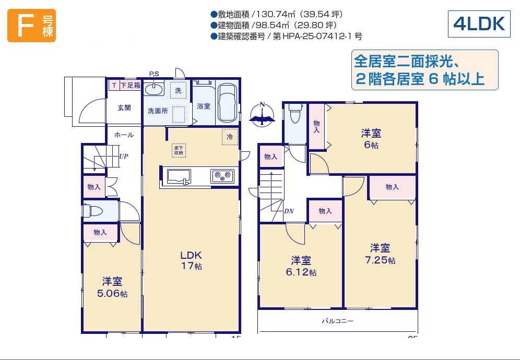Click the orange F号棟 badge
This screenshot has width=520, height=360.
point(31,26)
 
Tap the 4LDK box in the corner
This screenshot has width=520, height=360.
point(479,24)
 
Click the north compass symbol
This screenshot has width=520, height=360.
point(262,114)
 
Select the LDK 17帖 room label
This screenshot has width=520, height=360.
point(191,260)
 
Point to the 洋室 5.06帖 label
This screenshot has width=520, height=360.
point(112,287)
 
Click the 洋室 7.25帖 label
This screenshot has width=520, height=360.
point(380,254)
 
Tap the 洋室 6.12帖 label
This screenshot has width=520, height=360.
point(301,266)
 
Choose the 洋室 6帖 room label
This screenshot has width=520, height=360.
point(371,139)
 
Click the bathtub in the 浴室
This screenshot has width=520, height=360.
point(227,103)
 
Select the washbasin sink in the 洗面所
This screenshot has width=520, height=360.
point(154,89)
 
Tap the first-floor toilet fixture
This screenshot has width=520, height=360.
point(93,210)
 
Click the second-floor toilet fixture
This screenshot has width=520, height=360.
point(295,113)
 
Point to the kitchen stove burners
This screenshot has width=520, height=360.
point(222,176)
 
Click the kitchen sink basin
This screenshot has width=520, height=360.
point(179,176)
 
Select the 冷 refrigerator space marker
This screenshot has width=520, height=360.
point(230,137)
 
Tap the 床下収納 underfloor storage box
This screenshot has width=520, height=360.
point(179,150)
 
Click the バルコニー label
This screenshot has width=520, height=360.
point(338,321)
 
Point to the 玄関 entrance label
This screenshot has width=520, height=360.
point(124,107)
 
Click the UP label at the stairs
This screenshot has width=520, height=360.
point(124,156)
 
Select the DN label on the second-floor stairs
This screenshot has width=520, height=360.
point(289,211)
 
